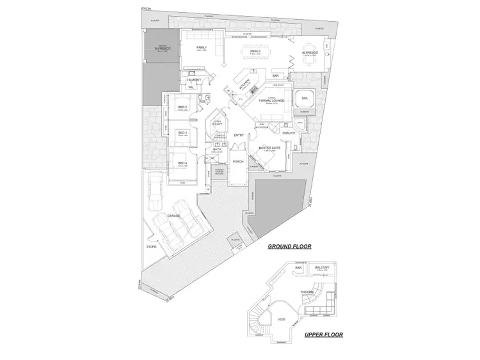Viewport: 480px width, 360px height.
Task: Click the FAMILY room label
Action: pyautogui.click(x=201, y=47)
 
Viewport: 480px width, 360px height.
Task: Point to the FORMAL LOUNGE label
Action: pyautogui.click(x=272, y=100)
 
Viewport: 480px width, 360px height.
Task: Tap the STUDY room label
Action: pyautogui.click(x=217, y=124)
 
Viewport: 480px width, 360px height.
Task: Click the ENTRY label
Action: pyautogui.click(x=239, y=135)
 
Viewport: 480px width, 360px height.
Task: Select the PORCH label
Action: pyautogui.click(x=237, y=162)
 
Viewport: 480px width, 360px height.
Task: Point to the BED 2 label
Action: pyautogui.click(x=182, y=107)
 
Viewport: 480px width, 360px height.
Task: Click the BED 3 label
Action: pyautogui.click(x=182, y=133)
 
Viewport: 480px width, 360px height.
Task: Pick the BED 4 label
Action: pyautogui.click(x=182, y=163)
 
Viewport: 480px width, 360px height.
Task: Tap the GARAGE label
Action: pyautogui.click(x=173, y=216)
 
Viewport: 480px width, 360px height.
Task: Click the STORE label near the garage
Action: pyautogui.click(x=152, y=246)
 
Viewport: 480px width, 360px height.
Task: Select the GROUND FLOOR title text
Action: pyautogui.click(x=289, y=246)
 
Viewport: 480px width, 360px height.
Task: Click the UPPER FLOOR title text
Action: pyautogui.click(x=323, y=334)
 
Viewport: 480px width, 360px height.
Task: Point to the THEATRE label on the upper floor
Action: pyautogui.click(x=308, y=292)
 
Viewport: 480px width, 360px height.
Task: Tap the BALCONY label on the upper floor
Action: pyautogui.click(x=323, y=267)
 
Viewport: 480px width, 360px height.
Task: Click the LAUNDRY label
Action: pyautogui.click(x=194, y=79)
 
